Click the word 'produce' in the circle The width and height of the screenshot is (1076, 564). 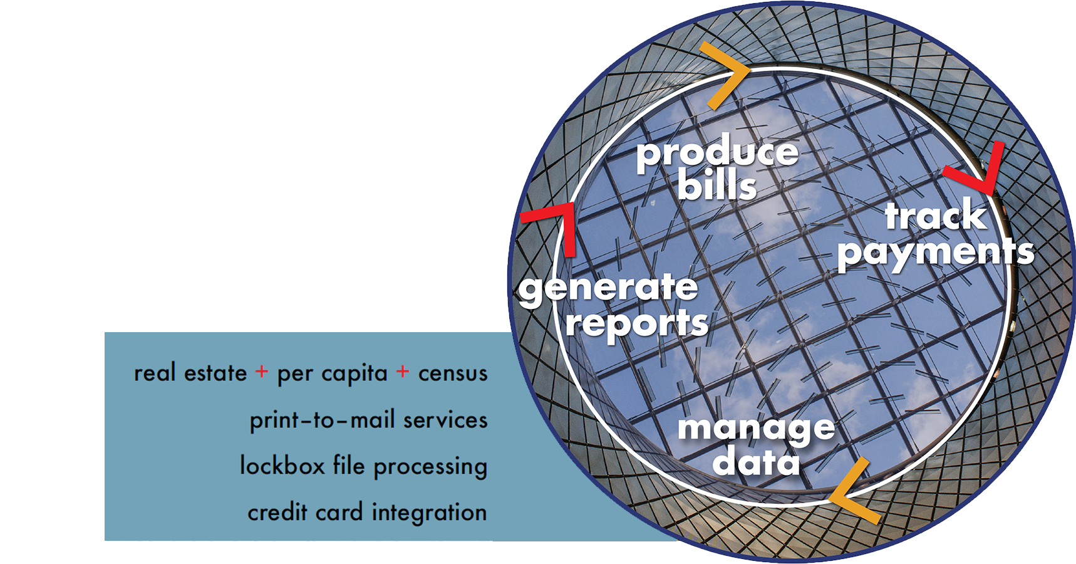tap(718, 154)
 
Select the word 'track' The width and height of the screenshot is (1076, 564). tap(936, 216)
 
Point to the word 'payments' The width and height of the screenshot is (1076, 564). tap(936, 253)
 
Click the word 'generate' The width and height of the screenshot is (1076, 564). tap(608, 290)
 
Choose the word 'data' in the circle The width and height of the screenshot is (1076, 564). tap(756, 462)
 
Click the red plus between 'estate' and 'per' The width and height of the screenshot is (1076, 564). tap(261, 372)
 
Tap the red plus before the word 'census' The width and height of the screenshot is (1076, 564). tap(403, 372)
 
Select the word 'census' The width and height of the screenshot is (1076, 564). tap(453, 373)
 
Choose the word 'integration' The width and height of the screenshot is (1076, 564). tap(429, 513)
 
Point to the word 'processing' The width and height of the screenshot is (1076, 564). tap(430, 467)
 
